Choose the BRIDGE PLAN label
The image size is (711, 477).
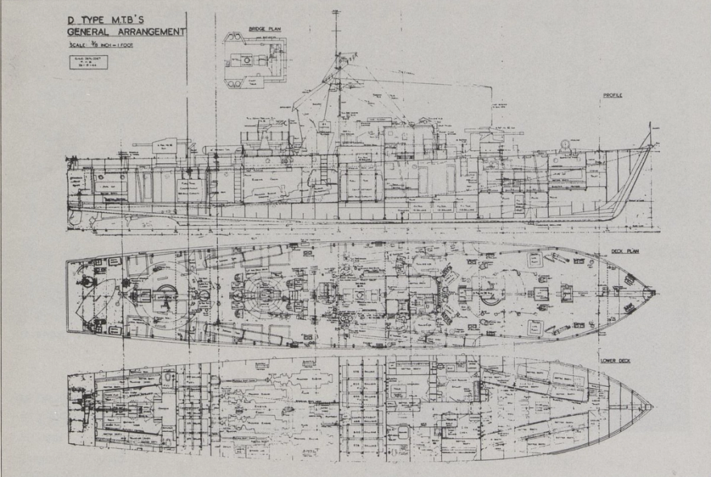tap(265, 29)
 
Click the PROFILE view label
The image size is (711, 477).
tap(613, 95)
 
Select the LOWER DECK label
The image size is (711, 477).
tap(616, 360)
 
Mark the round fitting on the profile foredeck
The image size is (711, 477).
tap(565, 144)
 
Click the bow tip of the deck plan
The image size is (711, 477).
tap(653, 291)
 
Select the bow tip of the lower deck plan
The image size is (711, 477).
tap(653, 407)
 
